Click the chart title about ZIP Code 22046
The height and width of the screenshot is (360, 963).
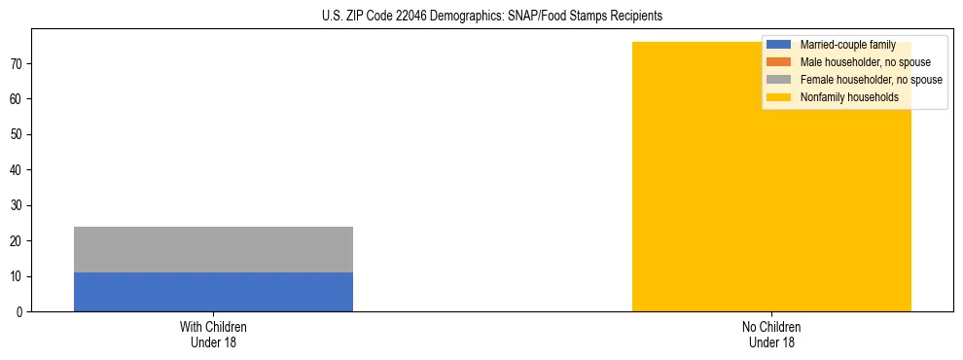point(491,17)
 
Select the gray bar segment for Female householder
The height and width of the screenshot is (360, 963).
point(213,249)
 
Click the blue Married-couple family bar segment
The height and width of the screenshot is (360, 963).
point(213,292)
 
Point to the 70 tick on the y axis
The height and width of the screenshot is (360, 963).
point(18,64)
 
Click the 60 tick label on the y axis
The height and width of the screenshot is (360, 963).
point(18,99)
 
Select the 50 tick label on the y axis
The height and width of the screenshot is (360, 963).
point(18,135)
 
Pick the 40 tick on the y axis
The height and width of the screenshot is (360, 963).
point(18,170)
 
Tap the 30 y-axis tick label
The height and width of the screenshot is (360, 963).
point(18,205)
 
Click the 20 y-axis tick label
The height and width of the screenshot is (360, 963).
point(18,241)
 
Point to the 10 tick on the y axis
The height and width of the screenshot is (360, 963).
point(18,276)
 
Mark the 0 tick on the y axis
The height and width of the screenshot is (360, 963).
point(21,312)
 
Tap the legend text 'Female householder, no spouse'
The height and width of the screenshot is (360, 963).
point(871,80)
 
